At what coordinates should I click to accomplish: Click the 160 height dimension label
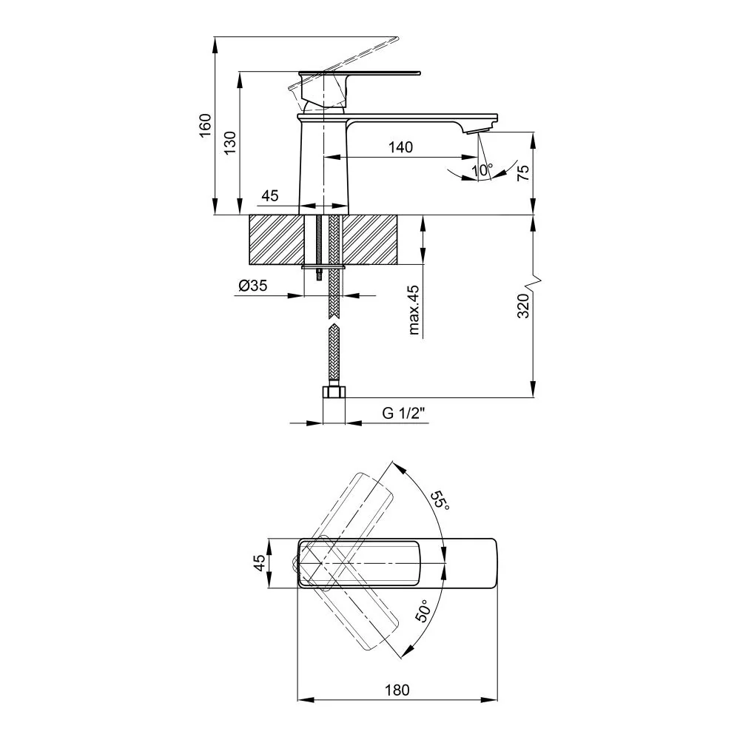click(205, 125)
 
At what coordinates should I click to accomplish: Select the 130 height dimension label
click(229, 143)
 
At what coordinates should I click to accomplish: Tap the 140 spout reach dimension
click(400, 147)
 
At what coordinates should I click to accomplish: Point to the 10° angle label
click(482, 169)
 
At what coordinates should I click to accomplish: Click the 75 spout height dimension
click(523, 173)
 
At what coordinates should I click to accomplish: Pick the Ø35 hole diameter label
click(252, 285)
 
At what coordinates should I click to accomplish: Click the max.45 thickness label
click(414, 309)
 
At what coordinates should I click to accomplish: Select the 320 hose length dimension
click(523, 306)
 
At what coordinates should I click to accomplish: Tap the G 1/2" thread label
click(403, 413)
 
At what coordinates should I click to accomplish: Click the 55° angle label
click(440, 500)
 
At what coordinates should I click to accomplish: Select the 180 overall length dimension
click(397, 690)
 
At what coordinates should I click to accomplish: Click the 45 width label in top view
click(260, 563)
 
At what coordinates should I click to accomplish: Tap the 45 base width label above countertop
click(270, 195)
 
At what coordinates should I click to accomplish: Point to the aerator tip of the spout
click(478, 131)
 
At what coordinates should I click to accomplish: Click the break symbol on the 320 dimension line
click(534, 282)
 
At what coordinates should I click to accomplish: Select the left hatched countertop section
click(276, 240)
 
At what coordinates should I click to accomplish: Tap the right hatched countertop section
click(369, 240)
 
